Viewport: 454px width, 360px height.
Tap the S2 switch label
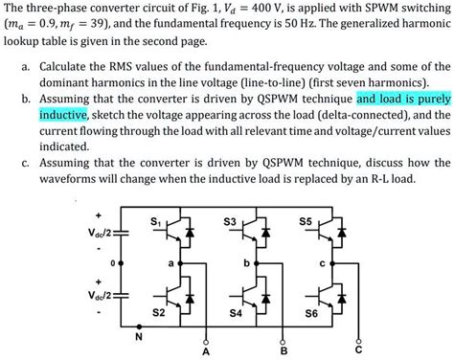click(x=159, y=312)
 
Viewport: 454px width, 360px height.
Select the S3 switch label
click(x=229, y=222)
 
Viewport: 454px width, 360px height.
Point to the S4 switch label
click(x=235, y=313)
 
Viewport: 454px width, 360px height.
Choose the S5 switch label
click(x=306, y=222)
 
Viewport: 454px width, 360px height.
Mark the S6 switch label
click(x=310, y=313)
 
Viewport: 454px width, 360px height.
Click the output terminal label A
click(x=204, y=351)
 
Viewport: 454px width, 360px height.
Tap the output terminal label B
click(x=282, y=351)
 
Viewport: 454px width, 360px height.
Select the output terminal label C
click(x=357, y=351)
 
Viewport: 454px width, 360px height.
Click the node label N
click(x=140, y=335)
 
